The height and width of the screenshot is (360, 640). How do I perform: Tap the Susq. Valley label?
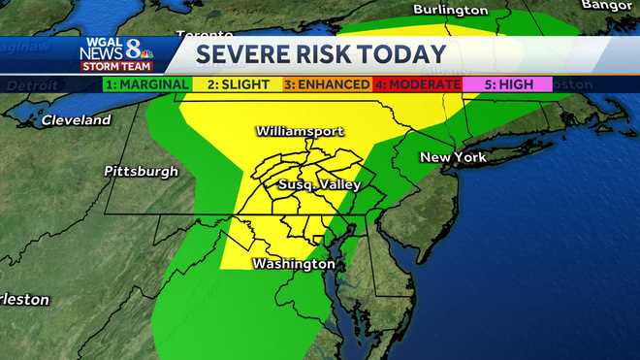click(319, 184)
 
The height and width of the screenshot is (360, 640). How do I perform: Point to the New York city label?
click(452, 156)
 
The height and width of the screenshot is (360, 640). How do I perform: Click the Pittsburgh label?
click(142, 171)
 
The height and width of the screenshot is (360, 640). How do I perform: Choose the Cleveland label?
click(77, 121)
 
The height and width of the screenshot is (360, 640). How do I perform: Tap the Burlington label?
click(450, 10)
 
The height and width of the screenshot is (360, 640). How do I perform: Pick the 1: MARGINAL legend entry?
click(145, 84)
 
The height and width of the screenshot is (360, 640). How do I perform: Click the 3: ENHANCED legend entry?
click(327, 84)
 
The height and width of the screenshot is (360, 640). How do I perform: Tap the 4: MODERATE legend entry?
click(417, 84)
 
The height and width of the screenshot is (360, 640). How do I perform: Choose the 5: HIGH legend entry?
click(506, 84)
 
